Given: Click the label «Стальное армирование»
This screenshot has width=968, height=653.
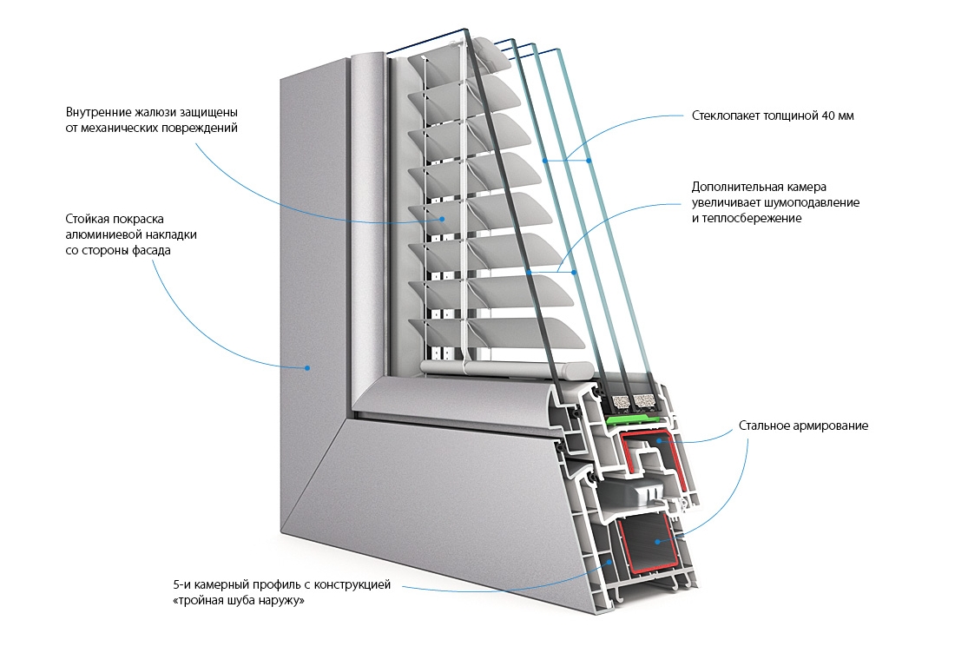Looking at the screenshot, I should [x=803, y=426].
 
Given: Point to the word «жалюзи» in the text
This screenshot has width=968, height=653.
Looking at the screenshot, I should [x=152, y=113].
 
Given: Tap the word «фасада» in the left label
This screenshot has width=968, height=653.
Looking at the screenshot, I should [x=152, y=251].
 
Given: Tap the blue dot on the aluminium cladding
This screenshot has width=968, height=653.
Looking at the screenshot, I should [x=307, y=368].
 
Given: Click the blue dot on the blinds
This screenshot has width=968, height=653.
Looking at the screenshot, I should [x=444, y=219].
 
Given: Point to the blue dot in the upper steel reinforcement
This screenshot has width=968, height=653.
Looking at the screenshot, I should [x=661, y=441].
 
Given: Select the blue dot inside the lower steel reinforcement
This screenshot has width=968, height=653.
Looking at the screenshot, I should [x=658, y=543].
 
